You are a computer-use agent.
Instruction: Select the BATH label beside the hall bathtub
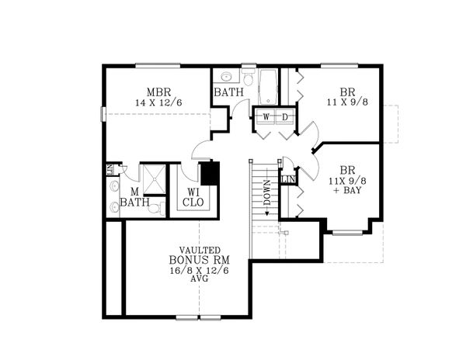(x=229, y=92)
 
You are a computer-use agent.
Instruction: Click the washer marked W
(x=266, y=116)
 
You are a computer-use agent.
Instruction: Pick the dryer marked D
(x=284, y=116)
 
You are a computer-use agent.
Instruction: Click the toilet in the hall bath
(x=248, y=78)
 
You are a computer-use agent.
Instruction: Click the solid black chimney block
(x=210, y=171)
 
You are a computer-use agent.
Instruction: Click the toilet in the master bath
(x=154, y=207)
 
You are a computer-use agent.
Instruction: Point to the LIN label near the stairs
(x=287, y=180)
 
